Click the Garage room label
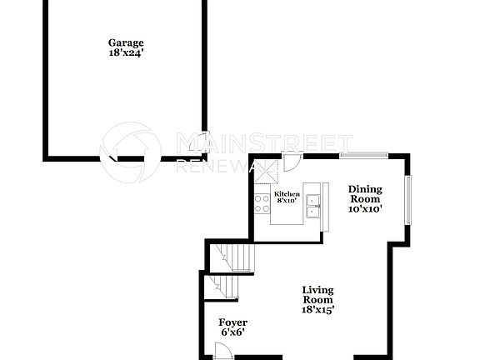[126, 42]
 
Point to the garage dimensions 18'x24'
[126, 52]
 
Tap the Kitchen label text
[287, 194]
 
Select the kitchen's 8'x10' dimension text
[287, 201]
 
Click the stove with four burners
[262, 203]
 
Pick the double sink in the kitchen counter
[314, 205]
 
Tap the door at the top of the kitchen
[292, 162]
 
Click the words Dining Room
[365, 194]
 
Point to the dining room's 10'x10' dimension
[365, 209]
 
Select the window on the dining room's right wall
[408, 199]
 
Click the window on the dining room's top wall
[363, 155]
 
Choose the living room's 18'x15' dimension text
[317, 310]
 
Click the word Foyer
[232, 322]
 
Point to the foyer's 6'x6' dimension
[232, 332]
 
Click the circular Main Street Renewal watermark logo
[131, 152]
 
